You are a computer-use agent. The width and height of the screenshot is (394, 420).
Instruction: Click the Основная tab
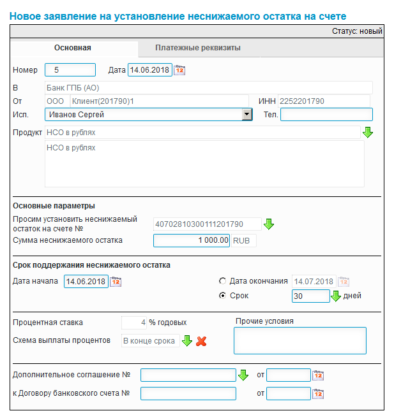(73, 48)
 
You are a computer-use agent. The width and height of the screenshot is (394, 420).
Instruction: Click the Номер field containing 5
(70, 70)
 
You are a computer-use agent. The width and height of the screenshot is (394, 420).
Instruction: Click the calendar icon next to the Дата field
(179, 70)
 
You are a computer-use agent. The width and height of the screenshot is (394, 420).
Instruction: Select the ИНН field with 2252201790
(323, 101)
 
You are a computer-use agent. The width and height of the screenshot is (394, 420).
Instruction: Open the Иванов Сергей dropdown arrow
(247, 115)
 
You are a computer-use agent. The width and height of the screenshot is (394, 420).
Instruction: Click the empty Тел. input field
(326, 115)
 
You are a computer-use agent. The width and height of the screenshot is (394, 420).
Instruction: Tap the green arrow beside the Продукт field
(367, 133)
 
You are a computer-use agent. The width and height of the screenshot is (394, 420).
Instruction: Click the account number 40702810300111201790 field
(208, 224)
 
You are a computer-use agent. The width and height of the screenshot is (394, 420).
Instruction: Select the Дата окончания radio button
(222, 281)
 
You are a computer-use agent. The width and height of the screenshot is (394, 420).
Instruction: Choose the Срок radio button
(222, 296)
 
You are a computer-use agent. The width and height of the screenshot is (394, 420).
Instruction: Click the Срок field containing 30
(310, 296)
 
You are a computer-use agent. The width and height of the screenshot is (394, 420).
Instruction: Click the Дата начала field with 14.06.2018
(86, 282)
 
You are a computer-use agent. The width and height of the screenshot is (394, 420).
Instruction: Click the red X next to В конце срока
(201, 341)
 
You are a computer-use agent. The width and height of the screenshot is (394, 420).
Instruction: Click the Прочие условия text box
(299, 340)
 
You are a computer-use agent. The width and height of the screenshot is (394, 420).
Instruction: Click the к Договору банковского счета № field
(188, 393)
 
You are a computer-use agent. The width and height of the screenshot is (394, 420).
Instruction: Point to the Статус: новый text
(357, 31)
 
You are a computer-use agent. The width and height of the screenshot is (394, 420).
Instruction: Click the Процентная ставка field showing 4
(134, 322)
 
